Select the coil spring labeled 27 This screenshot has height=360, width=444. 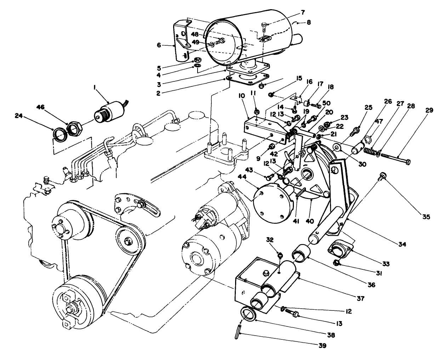[x=370, y=151]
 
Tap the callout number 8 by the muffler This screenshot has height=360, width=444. [x=309, y=23]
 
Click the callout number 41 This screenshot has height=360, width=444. [x=296, y=221]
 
